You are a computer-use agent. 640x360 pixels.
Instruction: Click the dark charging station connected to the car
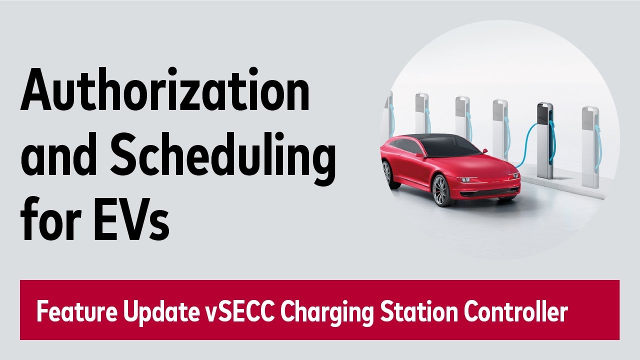point(544,140)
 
